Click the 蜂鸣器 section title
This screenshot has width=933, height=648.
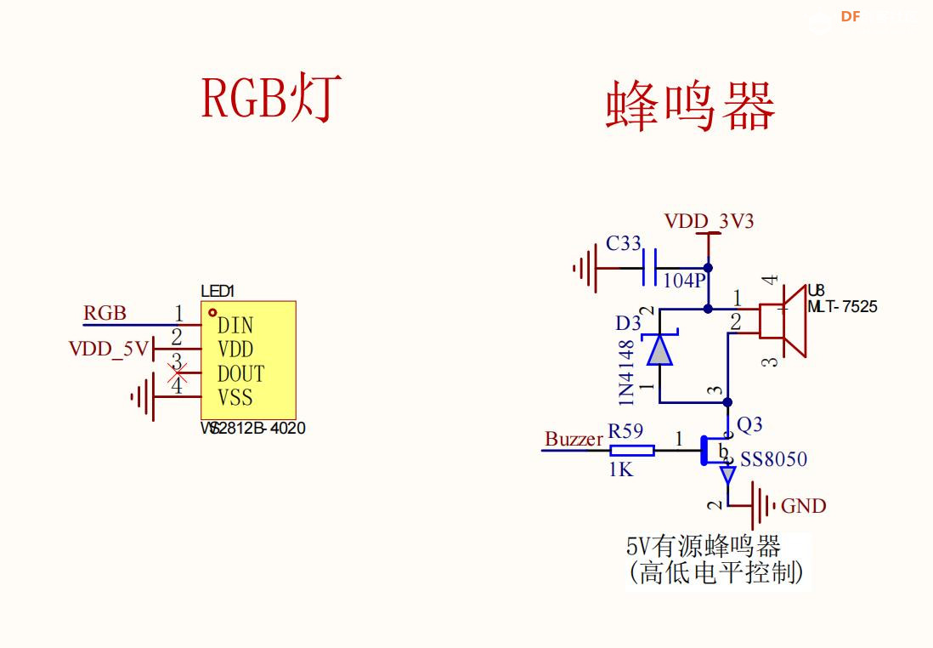(x=690, y=107)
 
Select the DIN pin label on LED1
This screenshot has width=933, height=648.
(x=235, y=326)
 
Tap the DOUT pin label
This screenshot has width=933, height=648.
(x=240, y=374)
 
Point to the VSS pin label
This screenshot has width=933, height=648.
(x=235, y=398)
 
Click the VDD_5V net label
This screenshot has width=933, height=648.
(x=108, y=349)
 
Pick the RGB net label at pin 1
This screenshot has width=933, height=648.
(x=105, y=313)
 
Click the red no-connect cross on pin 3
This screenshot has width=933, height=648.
(x=178, y=372)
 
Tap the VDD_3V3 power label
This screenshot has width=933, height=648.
(x=709, y=222)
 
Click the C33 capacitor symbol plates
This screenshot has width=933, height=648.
(x=651, y=268)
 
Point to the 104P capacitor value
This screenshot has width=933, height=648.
(x=684, y=281)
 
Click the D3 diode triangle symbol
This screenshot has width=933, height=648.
(x=659, y=350)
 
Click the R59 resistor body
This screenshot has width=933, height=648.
(x=632, y=450)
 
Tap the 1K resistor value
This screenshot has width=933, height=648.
(x=621, y=469)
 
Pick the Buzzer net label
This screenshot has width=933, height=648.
(x=574, y=439)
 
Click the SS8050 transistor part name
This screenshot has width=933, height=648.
(x=773, y=460)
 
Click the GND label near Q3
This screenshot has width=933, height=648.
(x=803, y=506)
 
